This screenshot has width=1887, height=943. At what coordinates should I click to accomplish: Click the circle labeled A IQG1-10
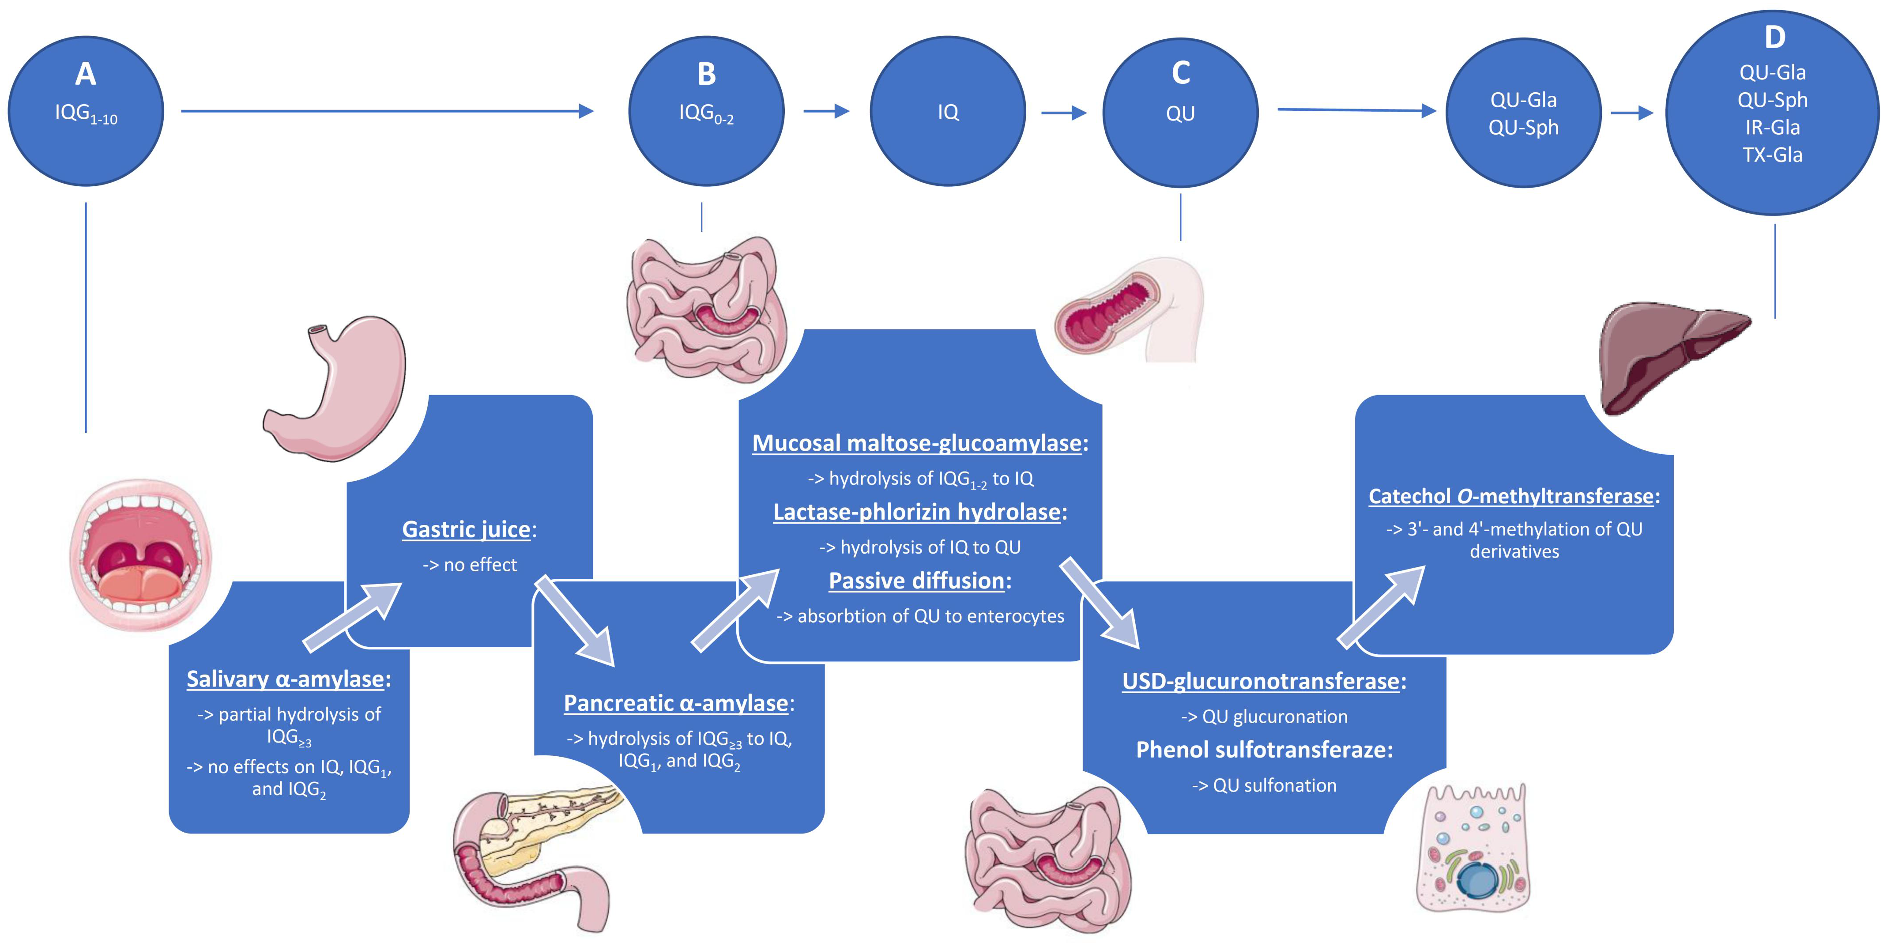[86, 111]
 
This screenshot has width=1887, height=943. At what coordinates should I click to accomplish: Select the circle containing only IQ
[948, 111]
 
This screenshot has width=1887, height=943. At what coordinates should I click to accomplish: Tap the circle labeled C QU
[1180, 111]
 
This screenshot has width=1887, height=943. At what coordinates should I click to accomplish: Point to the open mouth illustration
[141, 554]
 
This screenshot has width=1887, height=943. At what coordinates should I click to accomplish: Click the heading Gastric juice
[467, 529]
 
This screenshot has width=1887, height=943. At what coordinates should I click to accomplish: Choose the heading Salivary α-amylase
[286, 679]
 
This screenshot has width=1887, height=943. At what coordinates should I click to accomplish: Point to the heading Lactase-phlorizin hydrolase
[917, 511]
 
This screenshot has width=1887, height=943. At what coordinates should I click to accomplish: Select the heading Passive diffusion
[916, 580]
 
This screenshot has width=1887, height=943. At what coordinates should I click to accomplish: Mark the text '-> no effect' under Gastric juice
[470, 565]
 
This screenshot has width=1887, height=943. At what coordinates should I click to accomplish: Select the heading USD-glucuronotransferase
[1261, 681]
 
